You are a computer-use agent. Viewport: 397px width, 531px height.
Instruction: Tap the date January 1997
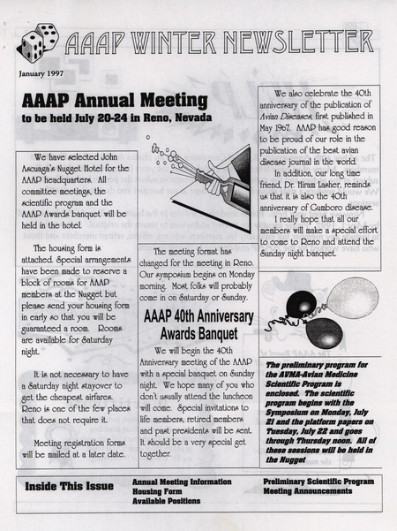click(42, 73)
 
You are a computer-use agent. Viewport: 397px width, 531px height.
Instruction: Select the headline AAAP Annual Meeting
click(115, 99)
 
